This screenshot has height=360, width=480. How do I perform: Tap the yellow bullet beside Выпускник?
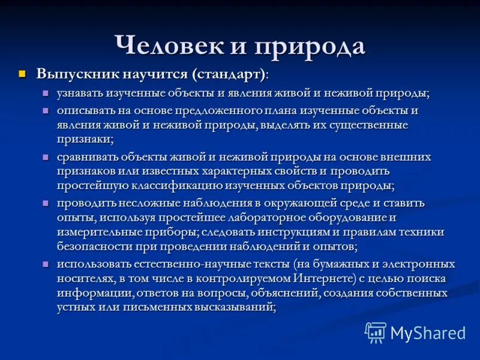[x=23, y=74]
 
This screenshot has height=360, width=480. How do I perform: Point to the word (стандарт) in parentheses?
[x=229, y=74]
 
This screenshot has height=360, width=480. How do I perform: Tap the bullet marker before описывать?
[x=46, y=111]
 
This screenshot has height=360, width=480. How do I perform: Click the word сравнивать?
[x=88, y=157]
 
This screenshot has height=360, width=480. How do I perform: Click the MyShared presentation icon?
[x=376, y=332]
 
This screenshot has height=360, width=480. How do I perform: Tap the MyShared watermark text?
[x=428, y=333]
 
